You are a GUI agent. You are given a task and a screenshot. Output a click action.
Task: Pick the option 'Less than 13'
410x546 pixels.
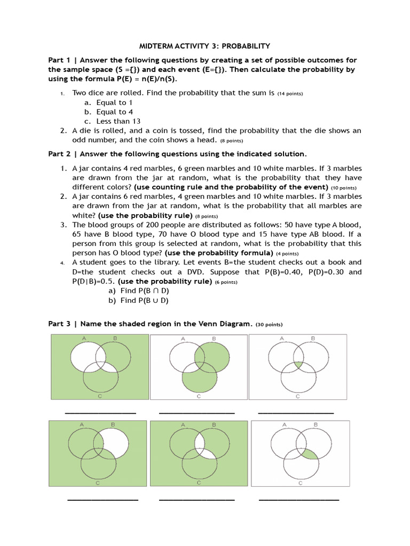click(119, 121)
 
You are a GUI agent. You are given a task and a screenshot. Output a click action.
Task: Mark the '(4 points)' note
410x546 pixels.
click(287, 253)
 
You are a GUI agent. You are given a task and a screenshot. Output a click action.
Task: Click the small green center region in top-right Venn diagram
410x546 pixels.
click(297, 364)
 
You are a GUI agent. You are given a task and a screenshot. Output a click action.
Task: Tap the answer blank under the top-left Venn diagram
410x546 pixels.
click(100, 413)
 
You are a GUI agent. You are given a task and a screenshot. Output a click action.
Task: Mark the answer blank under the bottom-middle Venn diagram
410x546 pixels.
click(196, 500)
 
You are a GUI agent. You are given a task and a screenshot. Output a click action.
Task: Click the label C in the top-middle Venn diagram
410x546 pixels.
click(199, 397)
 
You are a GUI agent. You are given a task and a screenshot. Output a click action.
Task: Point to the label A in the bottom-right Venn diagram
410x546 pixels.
click(284, 425)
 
